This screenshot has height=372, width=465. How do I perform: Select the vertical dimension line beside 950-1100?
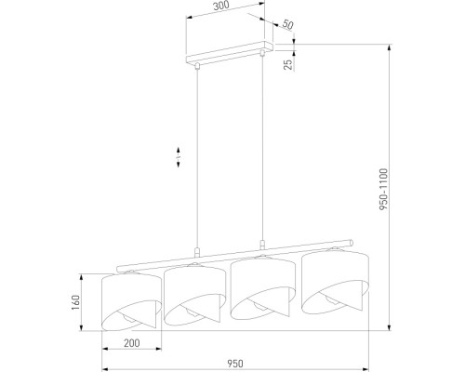coord(386,186)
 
